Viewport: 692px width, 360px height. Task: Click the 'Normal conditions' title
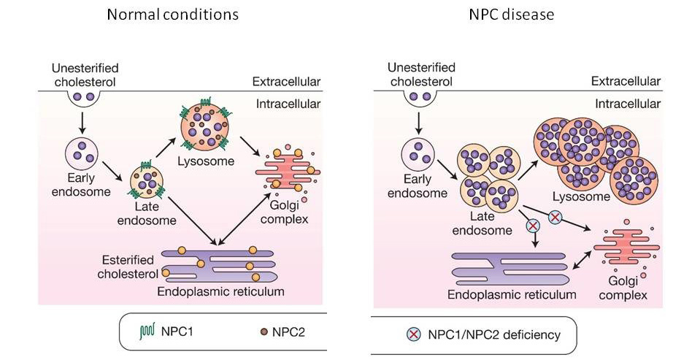[x=172, y=14]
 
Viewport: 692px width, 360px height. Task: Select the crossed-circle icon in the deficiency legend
[x=412, y=335]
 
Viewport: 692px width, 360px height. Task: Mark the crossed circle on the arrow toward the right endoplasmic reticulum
[x=534, y=226]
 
